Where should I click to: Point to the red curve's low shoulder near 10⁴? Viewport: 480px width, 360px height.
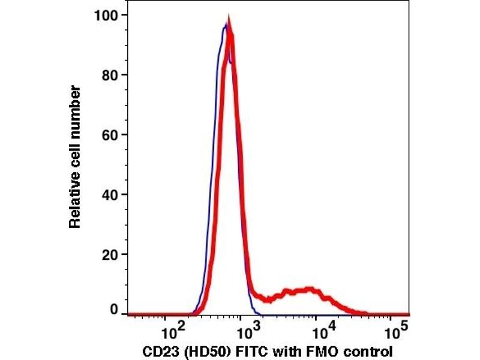pos(309,290)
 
